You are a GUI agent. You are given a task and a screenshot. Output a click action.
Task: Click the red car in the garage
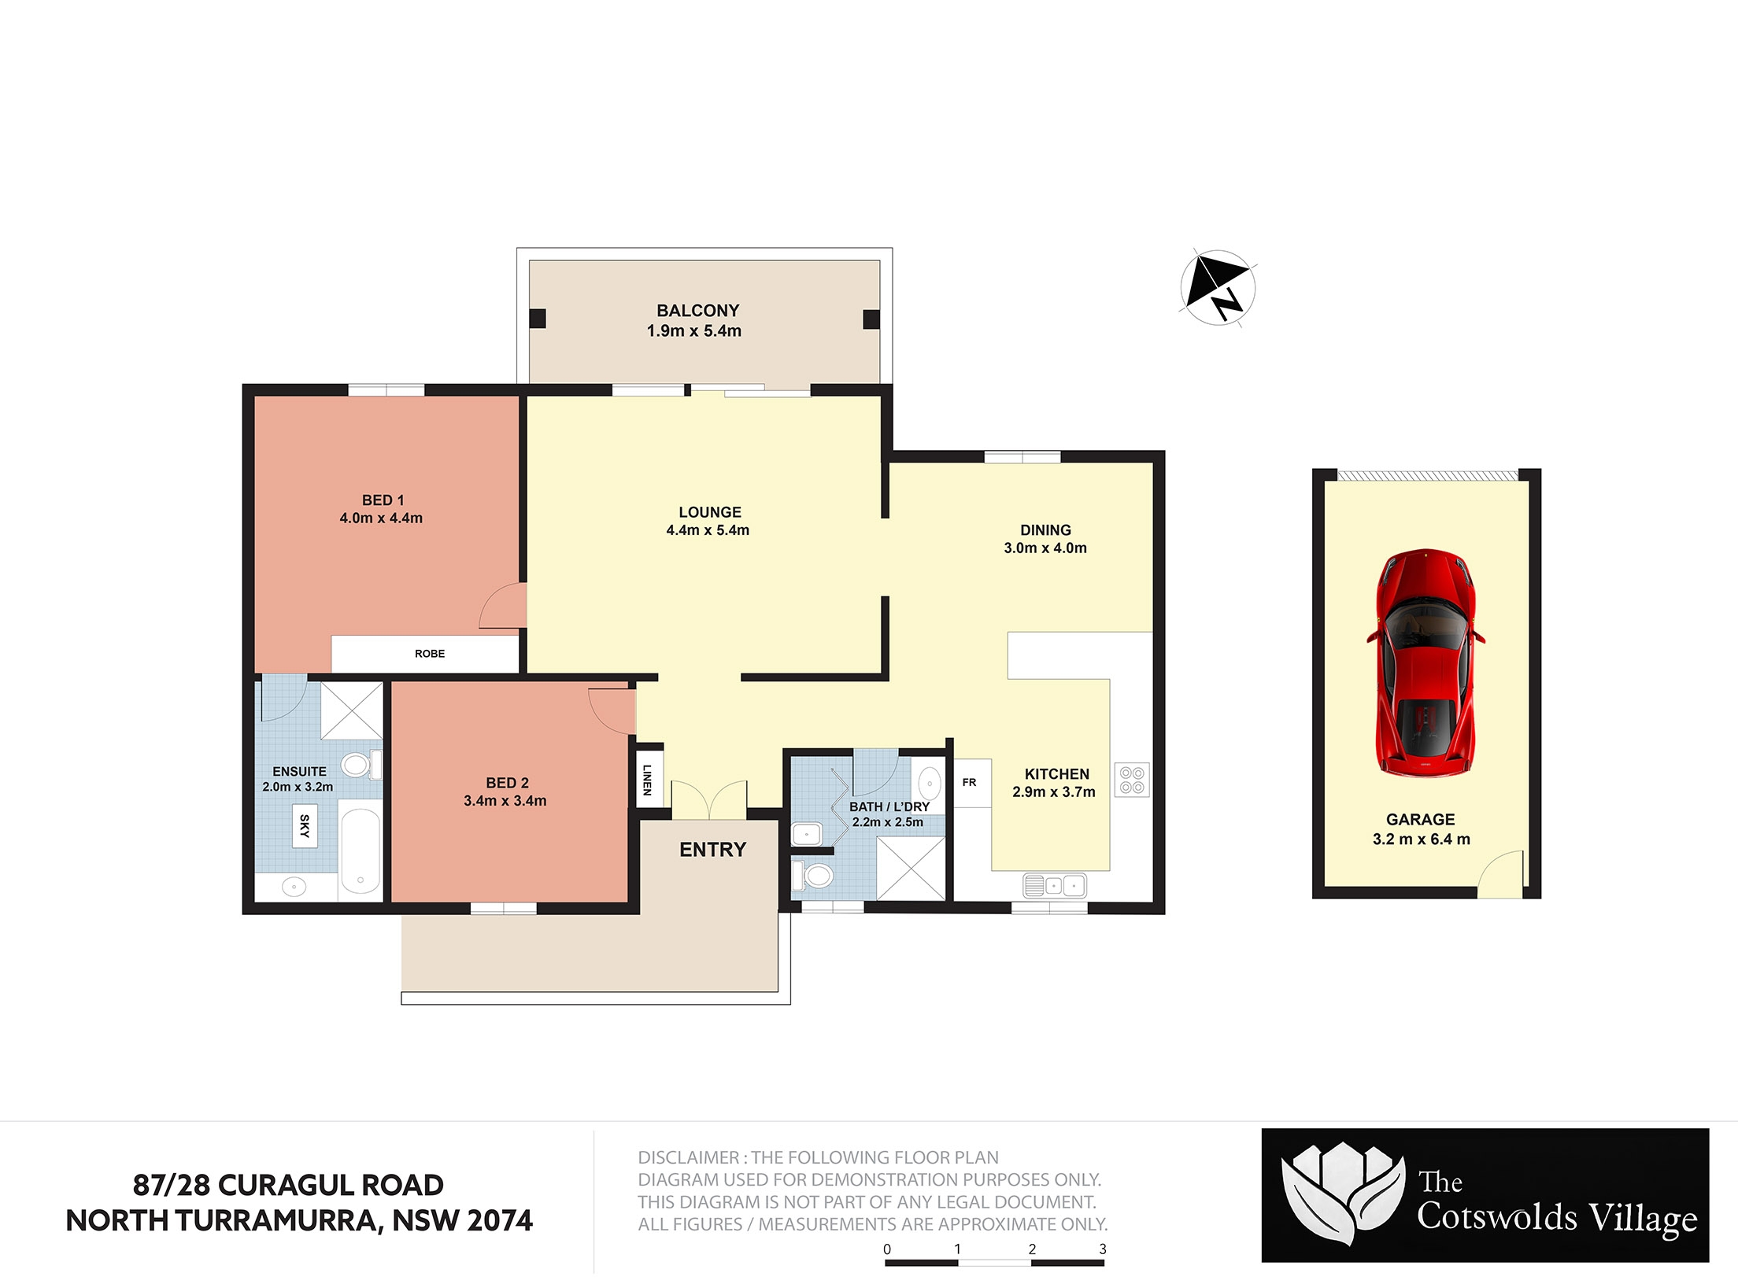[x=1426, y=662]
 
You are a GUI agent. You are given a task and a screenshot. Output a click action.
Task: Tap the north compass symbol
[x=1218, y=287]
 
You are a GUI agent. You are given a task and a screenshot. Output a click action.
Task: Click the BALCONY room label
[x=698, y=311]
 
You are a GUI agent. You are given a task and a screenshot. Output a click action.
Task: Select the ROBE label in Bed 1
[x=430, y=654]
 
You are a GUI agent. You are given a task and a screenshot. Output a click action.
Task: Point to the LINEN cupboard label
[x=647, y=780]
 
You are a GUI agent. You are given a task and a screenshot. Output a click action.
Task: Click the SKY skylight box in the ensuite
[x=305, y=825]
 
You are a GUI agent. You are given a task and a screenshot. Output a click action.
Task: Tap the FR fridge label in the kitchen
[x=969, y=782]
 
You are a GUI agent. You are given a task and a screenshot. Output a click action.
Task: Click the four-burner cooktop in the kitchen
[x=1132, y=780]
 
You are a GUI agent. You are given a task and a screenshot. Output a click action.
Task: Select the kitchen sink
[x=1055, y=886]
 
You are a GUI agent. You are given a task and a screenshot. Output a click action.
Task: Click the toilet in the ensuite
[x=361, y=764]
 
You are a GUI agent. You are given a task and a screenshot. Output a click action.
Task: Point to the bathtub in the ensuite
[x=361, y=850]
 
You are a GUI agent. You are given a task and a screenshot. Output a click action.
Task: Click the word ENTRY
[x=712, y=850]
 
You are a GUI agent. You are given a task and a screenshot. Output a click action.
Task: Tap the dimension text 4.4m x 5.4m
[x=708, y=530]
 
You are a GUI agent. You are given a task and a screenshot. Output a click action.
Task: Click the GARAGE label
[x=1421, y=819]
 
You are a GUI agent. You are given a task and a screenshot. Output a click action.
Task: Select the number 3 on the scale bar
[x=1103, y=1249]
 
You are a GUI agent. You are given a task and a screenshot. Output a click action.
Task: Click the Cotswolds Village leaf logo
[x=1343, y=1195]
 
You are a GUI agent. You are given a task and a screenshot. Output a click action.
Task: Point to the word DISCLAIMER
[x=688, y=1157]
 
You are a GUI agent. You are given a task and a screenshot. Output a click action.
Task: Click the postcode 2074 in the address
[x=500, y=1220]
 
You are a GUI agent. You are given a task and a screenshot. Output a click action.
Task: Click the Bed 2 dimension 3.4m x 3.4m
[x=505, y=801]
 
